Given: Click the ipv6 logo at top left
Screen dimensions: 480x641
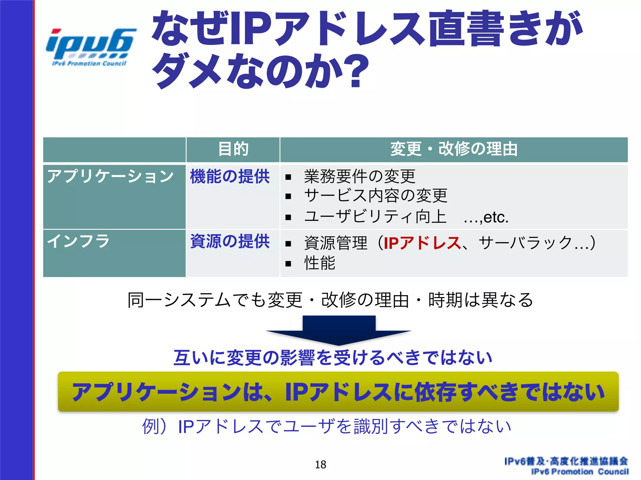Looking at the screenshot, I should pyautogui.click(x=90, y=47).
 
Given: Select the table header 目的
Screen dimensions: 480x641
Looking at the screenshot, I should pyautogui.click(x=233, y=149).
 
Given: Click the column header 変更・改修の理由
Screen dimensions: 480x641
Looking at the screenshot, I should pyautogui.click(x=454, y=149).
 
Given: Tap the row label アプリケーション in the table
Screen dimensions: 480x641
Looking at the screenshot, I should pyautogui.click(x=110, y=176).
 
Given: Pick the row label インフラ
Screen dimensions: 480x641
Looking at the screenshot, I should pyautogui.click(x=78, y=241).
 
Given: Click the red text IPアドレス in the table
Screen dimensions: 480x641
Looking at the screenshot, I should pyautogui.click(x=422, y=243).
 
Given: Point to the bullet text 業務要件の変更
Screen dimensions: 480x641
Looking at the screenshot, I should pyautogui.click(x=360, y=176).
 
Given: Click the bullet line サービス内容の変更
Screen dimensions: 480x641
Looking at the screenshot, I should pyautogui.click(x=376, y=196).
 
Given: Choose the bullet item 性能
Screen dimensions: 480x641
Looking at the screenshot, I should pyautogui.click(x=320, y=263).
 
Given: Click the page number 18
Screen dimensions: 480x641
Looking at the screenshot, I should pyautogui.click(x=320, y=465).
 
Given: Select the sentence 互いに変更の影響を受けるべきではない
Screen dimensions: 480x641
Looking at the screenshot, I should pyautogui.click(x=333, y=358).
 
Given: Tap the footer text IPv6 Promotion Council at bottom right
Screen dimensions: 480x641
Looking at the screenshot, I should pyautogui.click(x=580, y=472).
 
